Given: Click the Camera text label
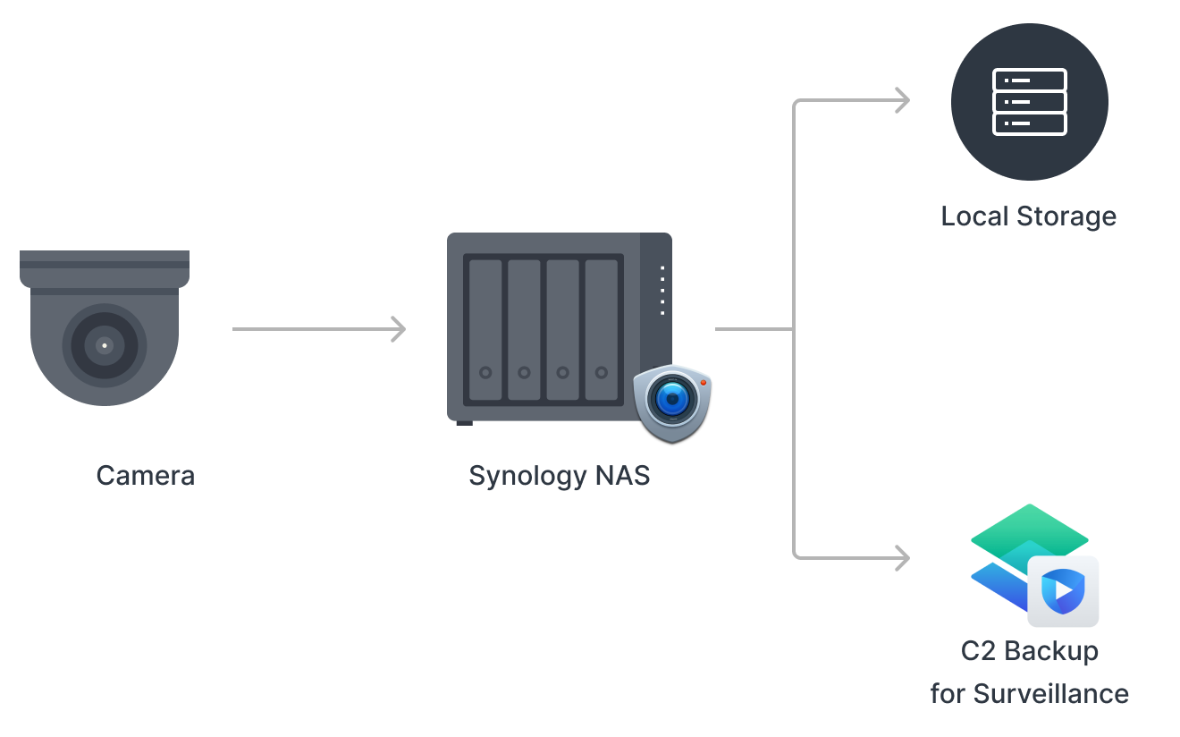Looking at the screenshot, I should coord(145,475).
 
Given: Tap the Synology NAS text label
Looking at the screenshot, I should coord(559,475).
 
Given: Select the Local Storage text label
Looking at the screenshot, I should coord(1028,216).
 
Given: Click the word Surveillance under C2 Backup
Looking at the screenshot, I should coord(1050,693).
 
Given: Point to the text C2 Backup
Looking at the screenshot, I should coord(1029,650).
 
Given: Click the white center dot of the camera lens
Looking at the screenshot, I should coord(105,344).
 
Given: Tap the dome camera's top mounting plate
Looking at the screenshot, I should coord(105,260).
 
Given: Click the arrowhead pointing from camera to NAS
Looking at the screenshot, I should coord(398,329).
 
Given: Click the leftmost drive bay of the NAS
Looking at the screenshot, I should coord(485,329).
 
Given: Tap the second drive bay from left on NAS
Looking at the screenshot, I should coord(524,329).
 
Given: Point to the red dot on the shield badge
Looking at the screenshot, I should coord(704,383).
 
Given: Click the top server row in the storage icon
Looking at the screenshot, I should coord(1029,80).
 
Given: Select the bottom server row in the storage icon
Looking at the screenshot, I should coord(1029,123).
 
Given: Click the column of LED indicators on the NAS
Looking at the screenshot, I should coord(662,290).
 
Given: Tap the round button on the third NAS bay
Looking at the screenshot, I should coord(562,372).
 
